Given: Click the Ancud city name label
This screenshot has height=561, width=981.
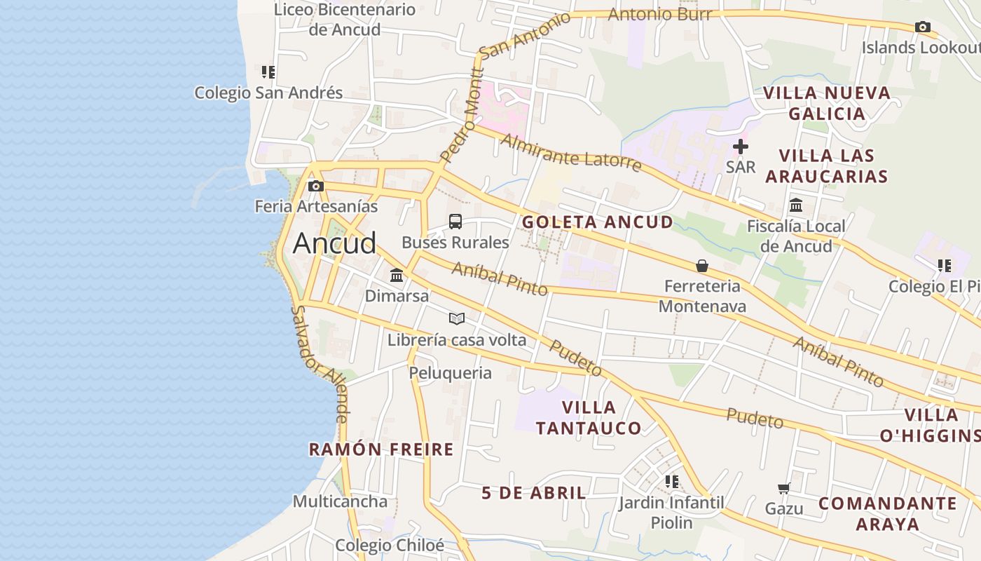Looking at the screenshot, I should pyautogui.click(x=334, y=243).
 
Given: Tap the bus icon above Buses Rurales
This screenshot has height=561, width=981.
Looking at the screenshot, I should pyautogui.click(x=455, y=222).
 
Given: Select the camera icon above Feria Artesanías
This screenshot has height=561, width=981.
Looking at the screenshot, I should pyautogui.click(x=316, y=186).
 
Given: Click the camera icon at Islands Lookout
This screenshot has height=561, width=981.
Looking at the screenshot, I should pyautogui.click(x=923, y=27).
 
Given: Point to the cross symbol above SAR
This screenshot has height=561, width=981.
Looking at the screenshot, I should pyautogui.click(x=740, y=147).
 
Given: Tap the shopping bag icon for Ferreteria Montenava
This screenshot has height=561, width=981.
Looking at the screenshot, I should pyautogui.click(x=701, y=266).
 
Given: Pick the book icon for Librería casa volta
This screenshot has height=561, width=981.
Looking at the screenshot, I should pyautogui.click(x=457, y=319).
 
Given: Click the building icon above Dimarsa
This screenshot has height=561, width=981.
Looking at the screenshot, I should pyautogui.click(x=397, y=275).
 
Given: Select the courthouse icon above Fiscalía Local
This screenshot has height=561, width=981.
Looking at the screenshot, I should pyautogui.click(x=796, y=205).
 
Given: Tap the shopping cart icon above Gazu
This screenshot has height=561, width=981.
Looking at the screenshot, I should pyautogui.click(x=783, y=488).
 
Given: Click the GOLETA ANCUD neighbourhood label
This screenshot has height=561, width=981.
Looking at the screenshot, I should pyautogui.click(x=598, y=222).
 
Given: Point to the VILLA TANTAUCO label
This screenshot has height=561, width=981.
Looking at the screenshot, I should pyautogui.click(x=589, y=417).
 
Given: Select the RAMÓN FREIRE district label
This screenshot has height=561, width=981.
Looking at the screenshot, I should pyautogui.click(x=381, y=450).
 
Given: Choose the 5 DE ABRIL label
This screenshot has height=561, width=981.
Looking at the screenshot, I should pyautogui.click(x=534, y=493).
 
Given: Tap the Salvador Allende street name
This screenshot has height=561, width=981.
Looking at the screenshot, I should pyautogui.click(x=320, y=364).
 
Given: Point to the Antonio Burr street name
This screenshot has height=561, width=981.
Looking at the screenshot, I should pyautogui.click(x=659, y=14).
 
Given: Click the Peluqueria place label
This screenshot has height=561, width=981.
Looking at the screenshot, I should pyautogui.click(x=451, y=372).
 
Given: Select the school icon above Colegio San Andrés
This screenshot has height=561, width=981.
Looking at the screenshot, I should pyautogui.click(x=268, y=72).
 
